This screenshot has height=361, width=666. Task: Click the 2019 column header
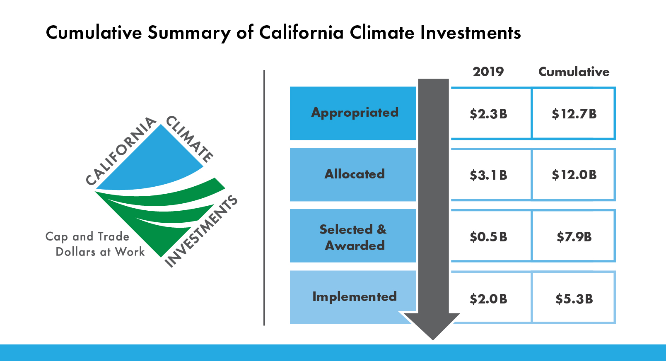[x=488, y=72]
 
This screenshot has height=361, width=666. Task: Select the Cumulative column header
[x=574, y=72]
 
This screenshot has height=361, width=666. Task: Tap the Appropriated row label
[x=355, y=113]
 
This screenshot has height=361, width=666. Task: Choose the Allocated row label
[x=355, y=174]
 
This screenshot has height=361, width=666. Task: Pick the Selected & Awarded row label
[x=353, y=237]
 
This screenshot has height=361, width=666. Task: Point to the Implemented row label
[x=355, y=296]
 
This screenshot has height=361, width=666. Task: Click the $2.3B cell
[x=488, y=114]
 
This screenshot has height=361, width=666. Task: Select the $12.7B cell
[x=574, y=114]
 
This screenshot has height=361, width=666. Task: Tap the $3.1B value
[x=488, y=175]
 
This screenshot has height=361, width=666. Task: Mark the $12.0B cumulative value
[x=574, y=175]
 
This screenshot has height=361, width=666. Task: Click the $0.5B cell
[x=488, y=237]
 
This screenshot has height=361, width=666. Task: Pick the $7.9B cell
[x=574, y=237]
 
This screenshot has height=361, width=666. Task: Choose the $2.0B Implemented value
[x=488, y=299]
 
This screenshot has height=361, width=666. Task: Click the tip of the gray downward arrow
[x=433, y=340]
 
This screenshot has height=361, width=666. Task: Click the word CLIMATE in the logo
[x=189, y=139]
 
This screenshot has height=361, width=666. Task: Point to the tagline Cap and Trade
[x=87, y=237]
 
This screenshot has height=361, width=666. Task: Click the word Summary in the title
[x=189, y=33]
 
